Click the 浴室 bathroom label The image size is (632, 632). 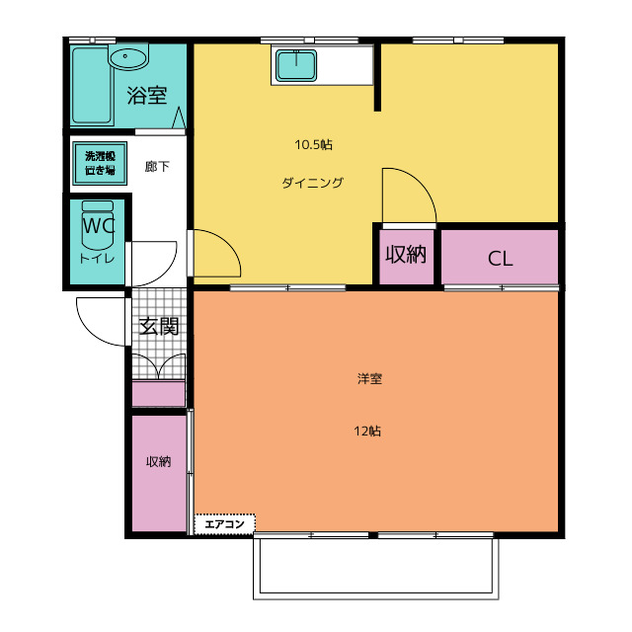(x=147, y=96)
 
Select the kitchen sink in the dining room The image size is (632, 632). (x=295, y=66)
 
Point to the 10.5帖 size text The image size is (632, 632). (x=313, y=145)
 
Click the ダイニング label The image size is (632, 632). (x=312, y=183)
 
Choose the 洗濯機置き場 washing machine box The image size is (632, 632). (x=99, y=163)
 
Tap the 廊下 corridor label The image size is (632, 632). (x=157, y=167)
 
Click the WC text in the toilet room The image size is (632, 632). (x=98, y=226)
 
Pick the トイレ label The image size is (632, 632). (x=97, y=258)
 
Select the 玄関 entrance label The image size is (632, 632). (x=158, y=327)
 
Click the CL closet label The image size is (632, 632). (x=501, y=260)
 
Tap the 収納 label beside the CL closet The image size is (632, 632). (x=405, y=255)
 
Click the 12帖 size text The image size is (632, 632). (x=368, y=431)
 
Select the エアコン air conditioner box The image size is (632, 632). (x=225, y=524)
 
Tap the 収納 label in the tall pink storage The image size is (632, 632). (x=159, y=462)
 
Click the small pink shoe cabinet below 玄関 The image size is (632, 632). (x=159, y=394)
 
